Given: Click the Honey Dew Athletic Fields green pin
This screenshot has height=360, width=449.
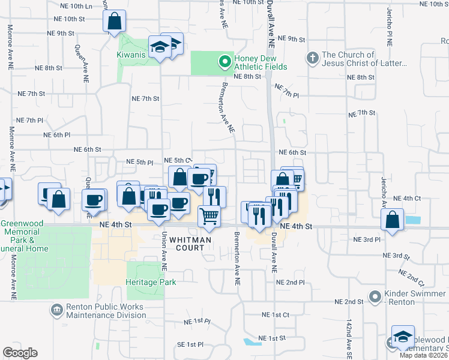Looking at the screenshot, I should point(224,61).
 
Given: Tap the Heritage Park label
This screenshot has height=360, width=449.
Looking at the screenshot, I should point(151,282).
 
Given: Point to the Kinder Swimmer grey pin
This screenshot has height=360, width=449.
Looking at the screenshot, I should point(375,296).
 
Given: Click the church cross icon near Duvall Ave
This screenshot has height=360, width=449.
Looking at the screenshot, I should point(312,58).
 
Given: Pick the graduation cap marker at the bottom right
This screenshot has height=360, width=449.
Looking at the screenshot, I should point(403,336).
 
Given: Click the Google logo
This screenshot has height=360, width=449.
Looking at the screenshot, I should point(20,353).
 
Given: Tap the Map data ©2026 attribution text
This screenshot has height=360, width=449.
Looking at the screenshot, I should point(424,355).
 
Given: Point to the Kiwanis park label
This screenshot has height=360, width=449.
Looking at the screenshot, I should point(131,55).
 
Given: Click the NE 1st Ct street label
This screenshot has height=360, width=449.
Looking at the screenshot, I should point(276,314).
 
